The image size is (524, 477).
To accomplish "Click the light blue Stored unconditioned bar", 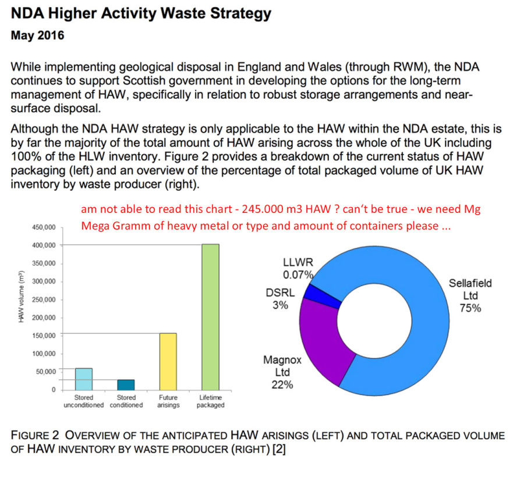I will (x=84, y=379).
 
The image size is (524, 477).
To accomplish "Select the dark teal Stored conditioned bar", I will (x=126, y=385).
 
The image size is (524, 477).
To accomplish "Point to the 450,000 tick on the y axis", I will (x=44, y=227).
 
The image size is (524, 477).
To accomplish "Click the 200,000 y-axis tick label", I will (x=44, y=318).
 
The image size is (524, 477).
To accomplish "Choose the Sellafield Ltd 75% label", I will (x=470, y=296).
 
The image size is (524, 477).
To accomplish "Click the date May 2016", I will (x=38, y=36).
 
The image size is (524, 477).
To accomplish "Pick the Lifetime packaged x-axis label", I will (x=210, y=401).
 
